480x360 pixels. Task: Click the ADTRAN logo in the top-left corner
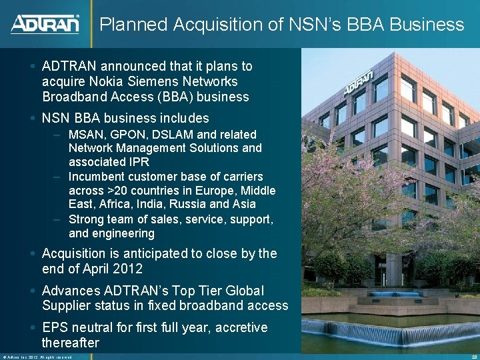tap(45, 24)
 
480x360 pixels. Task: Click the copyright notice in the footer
tap(37, 357)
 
